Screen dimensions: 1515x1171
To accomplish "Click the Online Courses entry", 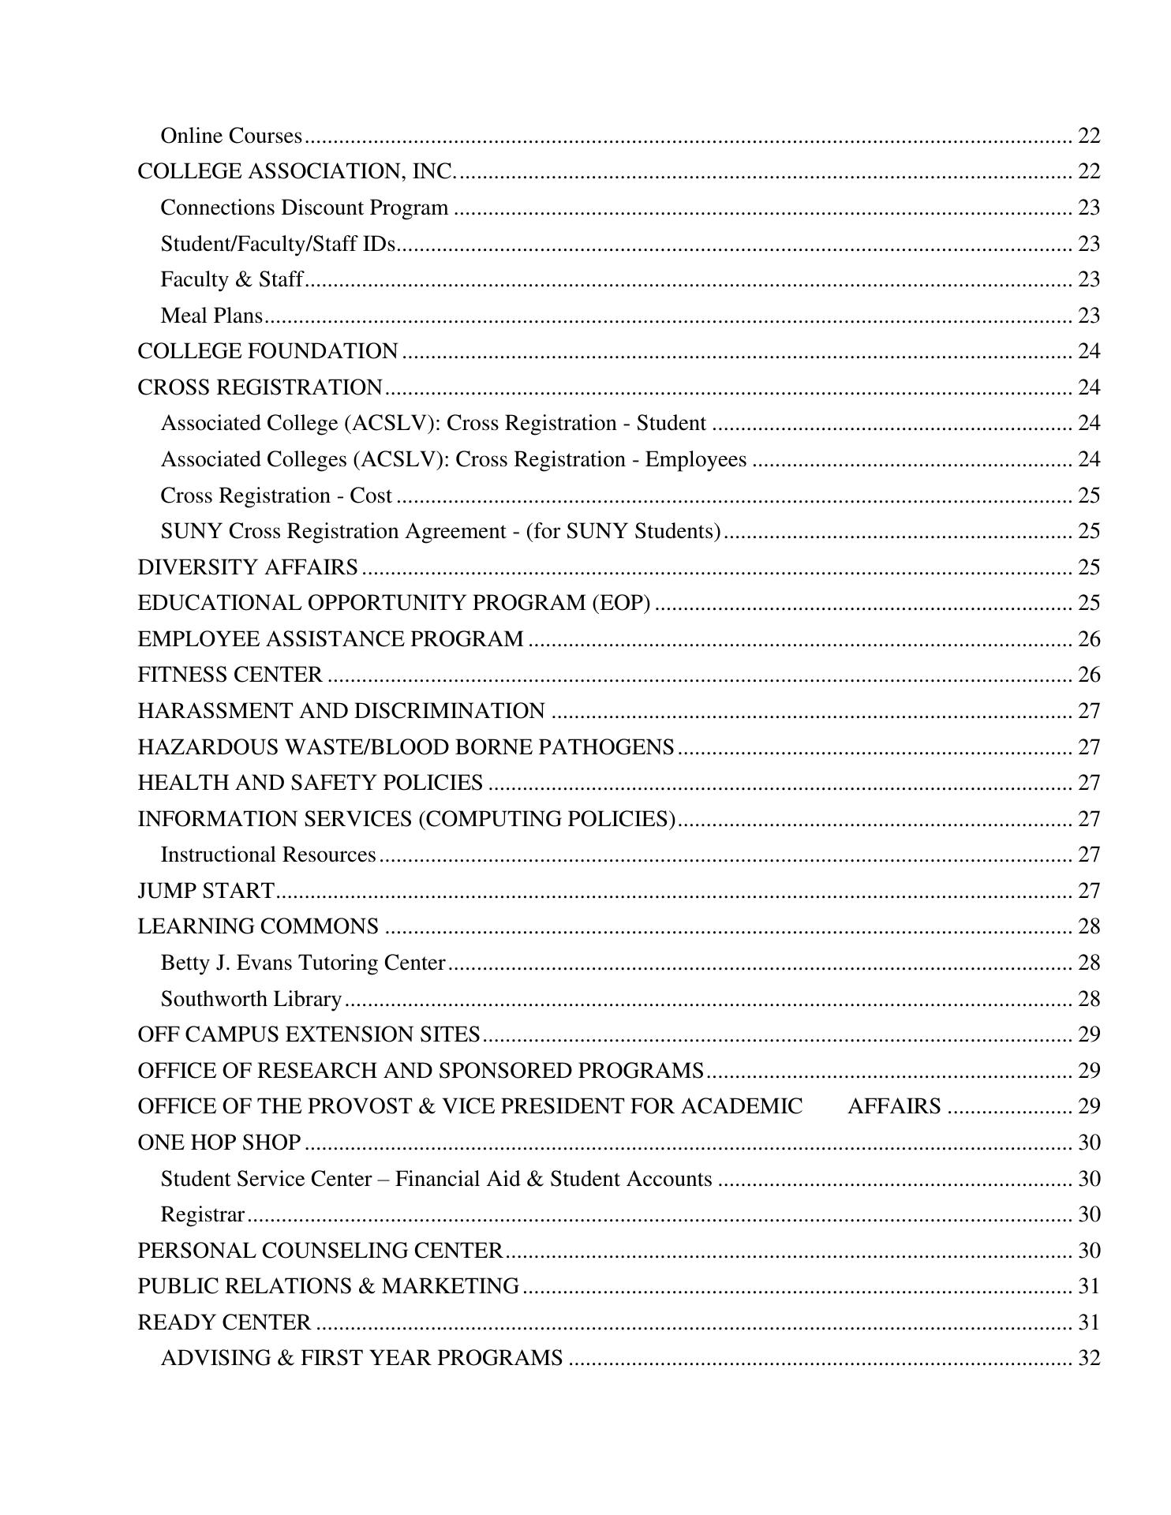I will [x=231, y=136].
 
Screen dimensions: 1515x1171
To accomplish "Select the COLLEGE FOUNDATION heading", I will [x=267, y=351].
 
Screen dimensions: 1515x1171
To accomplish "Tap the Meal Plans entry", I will [x=211, y=316].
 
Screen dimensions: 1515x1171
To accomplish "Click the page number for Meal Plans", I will [x=1088, y=316].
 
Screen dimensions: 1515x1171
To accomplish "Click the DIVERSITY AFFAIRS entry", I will [x=248, y=567].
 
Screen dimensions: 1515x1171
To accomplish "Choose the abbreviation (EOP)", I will [x=621, y=603].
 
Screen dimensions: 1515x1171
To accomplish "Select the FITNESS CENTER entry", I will [x=230, y=675].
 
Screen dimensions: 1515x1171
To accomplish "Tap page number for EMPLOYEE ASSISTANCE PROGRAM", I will [x=1088, y=639].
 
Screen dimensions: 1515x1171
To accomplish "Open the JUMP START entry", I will [x=206, y=890].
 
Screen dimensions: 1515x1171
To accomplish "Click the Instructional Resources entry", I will [x=268, y=855].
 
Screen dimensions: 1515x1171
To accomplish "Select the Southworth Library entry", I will [x=251, y=999].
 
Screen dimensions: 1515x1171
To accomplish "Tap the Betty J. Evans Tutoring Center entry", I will [x=303, y=963].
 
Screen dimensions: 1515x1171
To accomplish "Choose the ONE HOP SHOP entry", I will [x=219, y=1143].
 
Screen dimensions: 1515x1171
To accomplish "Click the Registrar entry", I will [x=203, y=1214].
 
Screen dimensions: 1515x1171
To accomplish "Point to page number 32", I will [x=1088, y=1358].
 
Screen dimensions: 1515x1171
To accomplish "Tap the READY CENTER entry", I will [x=224, y=1322].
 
